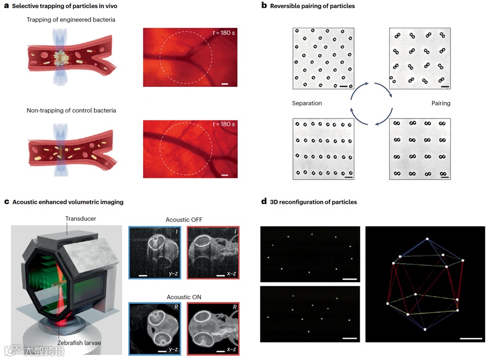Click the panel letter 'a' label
pos(7,6)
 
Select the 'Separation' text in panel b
pos(306,103)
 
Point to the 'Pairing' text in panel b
pos(441,103)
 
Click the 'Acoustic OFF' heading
pos(184,220)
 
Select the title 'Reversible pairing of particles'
pos(312,6)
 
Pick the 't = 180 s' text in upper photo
pos(223,33)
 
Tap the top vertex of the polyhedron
pos(428,238)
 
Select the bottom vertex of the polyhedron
pos(424,330)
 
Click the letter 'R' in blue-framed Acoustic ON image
pos(174,309)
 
